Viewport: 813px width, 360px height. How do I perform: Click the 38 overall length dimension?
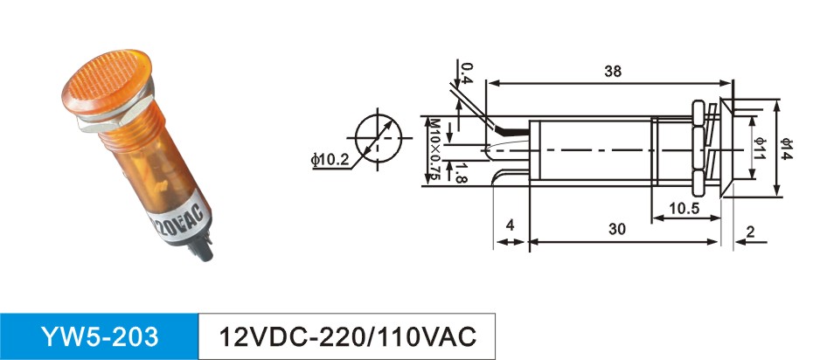point(612,72)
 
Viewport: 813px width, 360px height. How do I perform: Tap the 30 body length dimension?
point(617,228)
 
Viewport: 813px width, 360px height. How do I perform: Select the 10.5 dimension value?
point(684,208)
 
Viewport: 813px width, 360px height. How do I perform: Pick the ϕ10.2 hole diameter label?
point(330,160)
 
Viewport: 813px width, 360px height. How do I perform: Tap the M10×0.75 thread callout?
point(434,150)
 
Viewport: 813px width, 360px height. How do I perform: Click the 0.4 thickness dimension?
point(467,73)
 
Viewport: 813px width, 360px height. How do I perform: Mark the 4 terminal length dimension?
point(511,225)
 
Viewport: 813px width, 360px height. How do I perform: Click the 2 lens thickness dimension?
point(750,232)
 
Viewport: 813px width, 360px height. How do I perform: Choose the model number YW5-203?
point(100,336)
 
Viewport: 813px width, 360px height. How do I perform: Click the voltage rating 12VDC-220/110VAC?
point(347,336)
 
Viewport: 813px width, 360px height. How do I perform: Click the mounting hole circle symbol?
point(378,138)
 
